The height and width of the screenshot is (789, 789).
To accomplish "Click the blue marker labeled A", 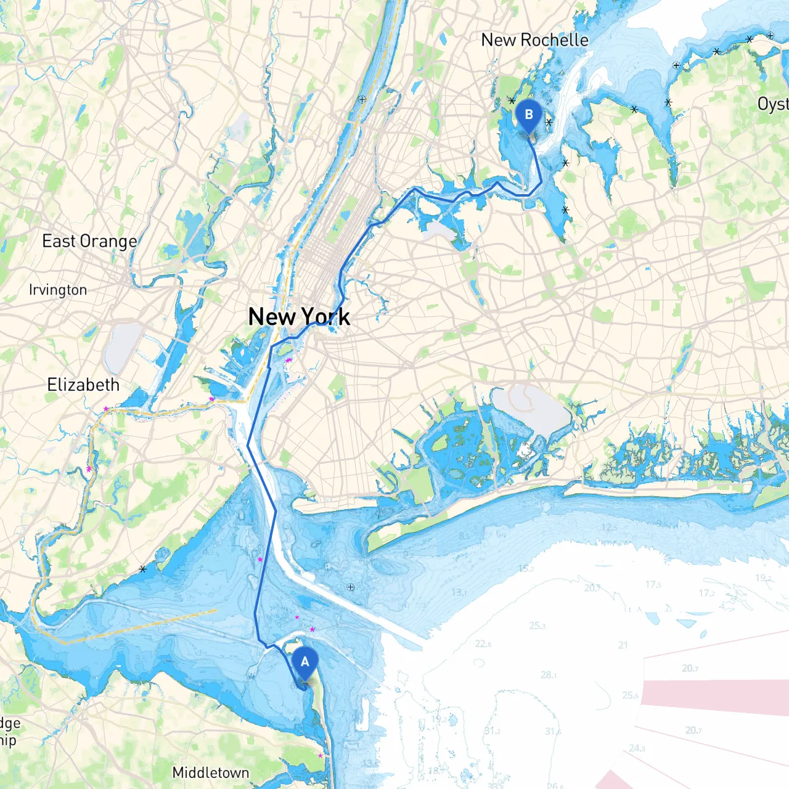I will point(305,663).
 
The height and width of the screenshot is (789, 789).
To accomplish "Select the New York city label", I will point(299,317).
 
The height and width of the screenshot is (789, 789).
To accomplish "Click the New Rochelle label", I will point(534,40).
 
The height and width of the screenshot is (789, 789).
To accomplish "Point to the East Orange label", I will point(89,241).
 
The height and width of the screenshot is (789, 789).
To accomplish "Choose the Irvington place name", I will point(58,290).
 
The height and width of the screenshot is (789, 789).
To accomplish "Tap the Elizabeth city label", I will point(83,385).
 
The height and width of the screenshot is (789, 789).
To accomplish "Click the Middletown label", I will point(211,772).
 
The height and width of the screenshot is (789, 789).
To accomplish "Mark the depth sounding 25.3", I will point(537,626).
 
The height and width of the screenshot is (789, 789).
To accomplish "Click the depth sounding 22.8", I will point(483,644).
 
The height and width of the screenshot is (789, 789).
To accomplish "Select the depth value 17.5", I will point(653,584).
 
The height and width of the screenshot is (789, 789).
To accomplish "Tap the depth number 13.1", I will point(459,592).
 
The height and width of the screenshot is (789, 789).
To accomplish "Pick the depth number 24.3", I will point(637,748).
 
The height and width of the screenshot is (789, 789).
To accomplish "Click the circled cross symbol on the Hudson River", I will point(362,99).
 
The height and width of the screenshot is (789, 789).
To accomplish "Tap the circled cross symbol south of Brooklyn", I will point(351,587).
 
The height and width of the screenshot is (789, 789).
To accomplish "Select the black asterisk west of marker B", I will point(511,100).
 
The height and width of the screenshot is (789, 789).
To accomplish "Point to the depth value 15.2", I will point(526,568).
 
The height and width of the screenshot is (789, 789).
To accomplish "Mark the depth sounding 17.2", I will point(706,593).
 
